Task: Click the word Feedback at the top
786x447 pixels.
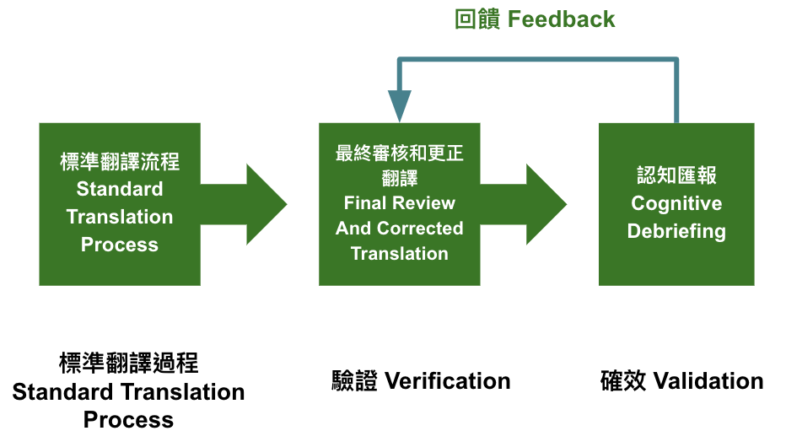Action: pos(561,19)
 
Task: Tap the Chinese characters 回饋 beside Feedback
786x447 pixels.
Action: pos(477,19)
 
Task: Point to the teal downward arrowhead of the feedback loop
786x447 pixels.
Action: pos(400,105)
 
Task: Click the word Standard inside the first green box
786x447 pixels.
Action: pos(120,189)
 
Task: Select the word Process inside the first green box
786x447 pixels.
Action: pos(120,245)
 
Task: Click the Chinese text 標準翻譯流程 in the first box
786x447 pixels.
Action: pos(120,162)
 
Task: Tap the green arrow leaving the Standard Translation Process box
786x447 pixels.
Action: pos(244,204)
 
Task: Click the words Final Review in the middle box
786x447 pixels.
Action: pos(400,203)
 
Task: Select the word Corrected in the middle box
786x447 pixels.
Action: pos(420,228)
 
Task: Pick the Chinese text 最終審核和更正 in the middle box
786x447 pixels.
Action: pos(400,153)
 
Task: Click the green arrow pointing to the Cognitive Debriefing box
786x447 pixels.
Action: pos(524,204)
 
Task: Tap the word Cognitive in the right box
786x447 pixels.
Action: pos(676,203)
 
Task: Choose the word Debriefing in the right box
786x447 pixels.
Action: pos(676,231)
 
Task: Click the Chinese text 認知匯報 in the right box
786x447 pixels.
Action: pos(676,175)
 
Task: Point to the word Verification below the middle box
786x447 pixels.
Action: pos(448,381)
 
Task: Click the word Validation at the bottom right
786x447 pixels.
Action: pos(708,381)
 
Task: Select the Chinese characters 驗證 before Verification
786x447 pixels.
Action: pos(354,381)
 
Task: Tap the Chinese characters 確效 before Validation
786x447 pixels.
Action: pos(623,381)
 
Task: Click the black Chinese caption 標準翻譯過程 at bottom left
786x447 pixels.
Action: pos(128,363)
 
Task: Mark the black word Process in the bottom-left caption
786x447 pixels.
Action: pos(128,420)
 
